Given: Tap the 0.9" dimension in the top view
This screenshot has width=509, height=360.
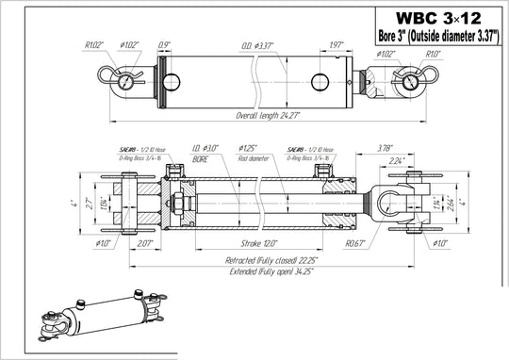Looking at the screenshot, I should [x=165, y=43].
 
